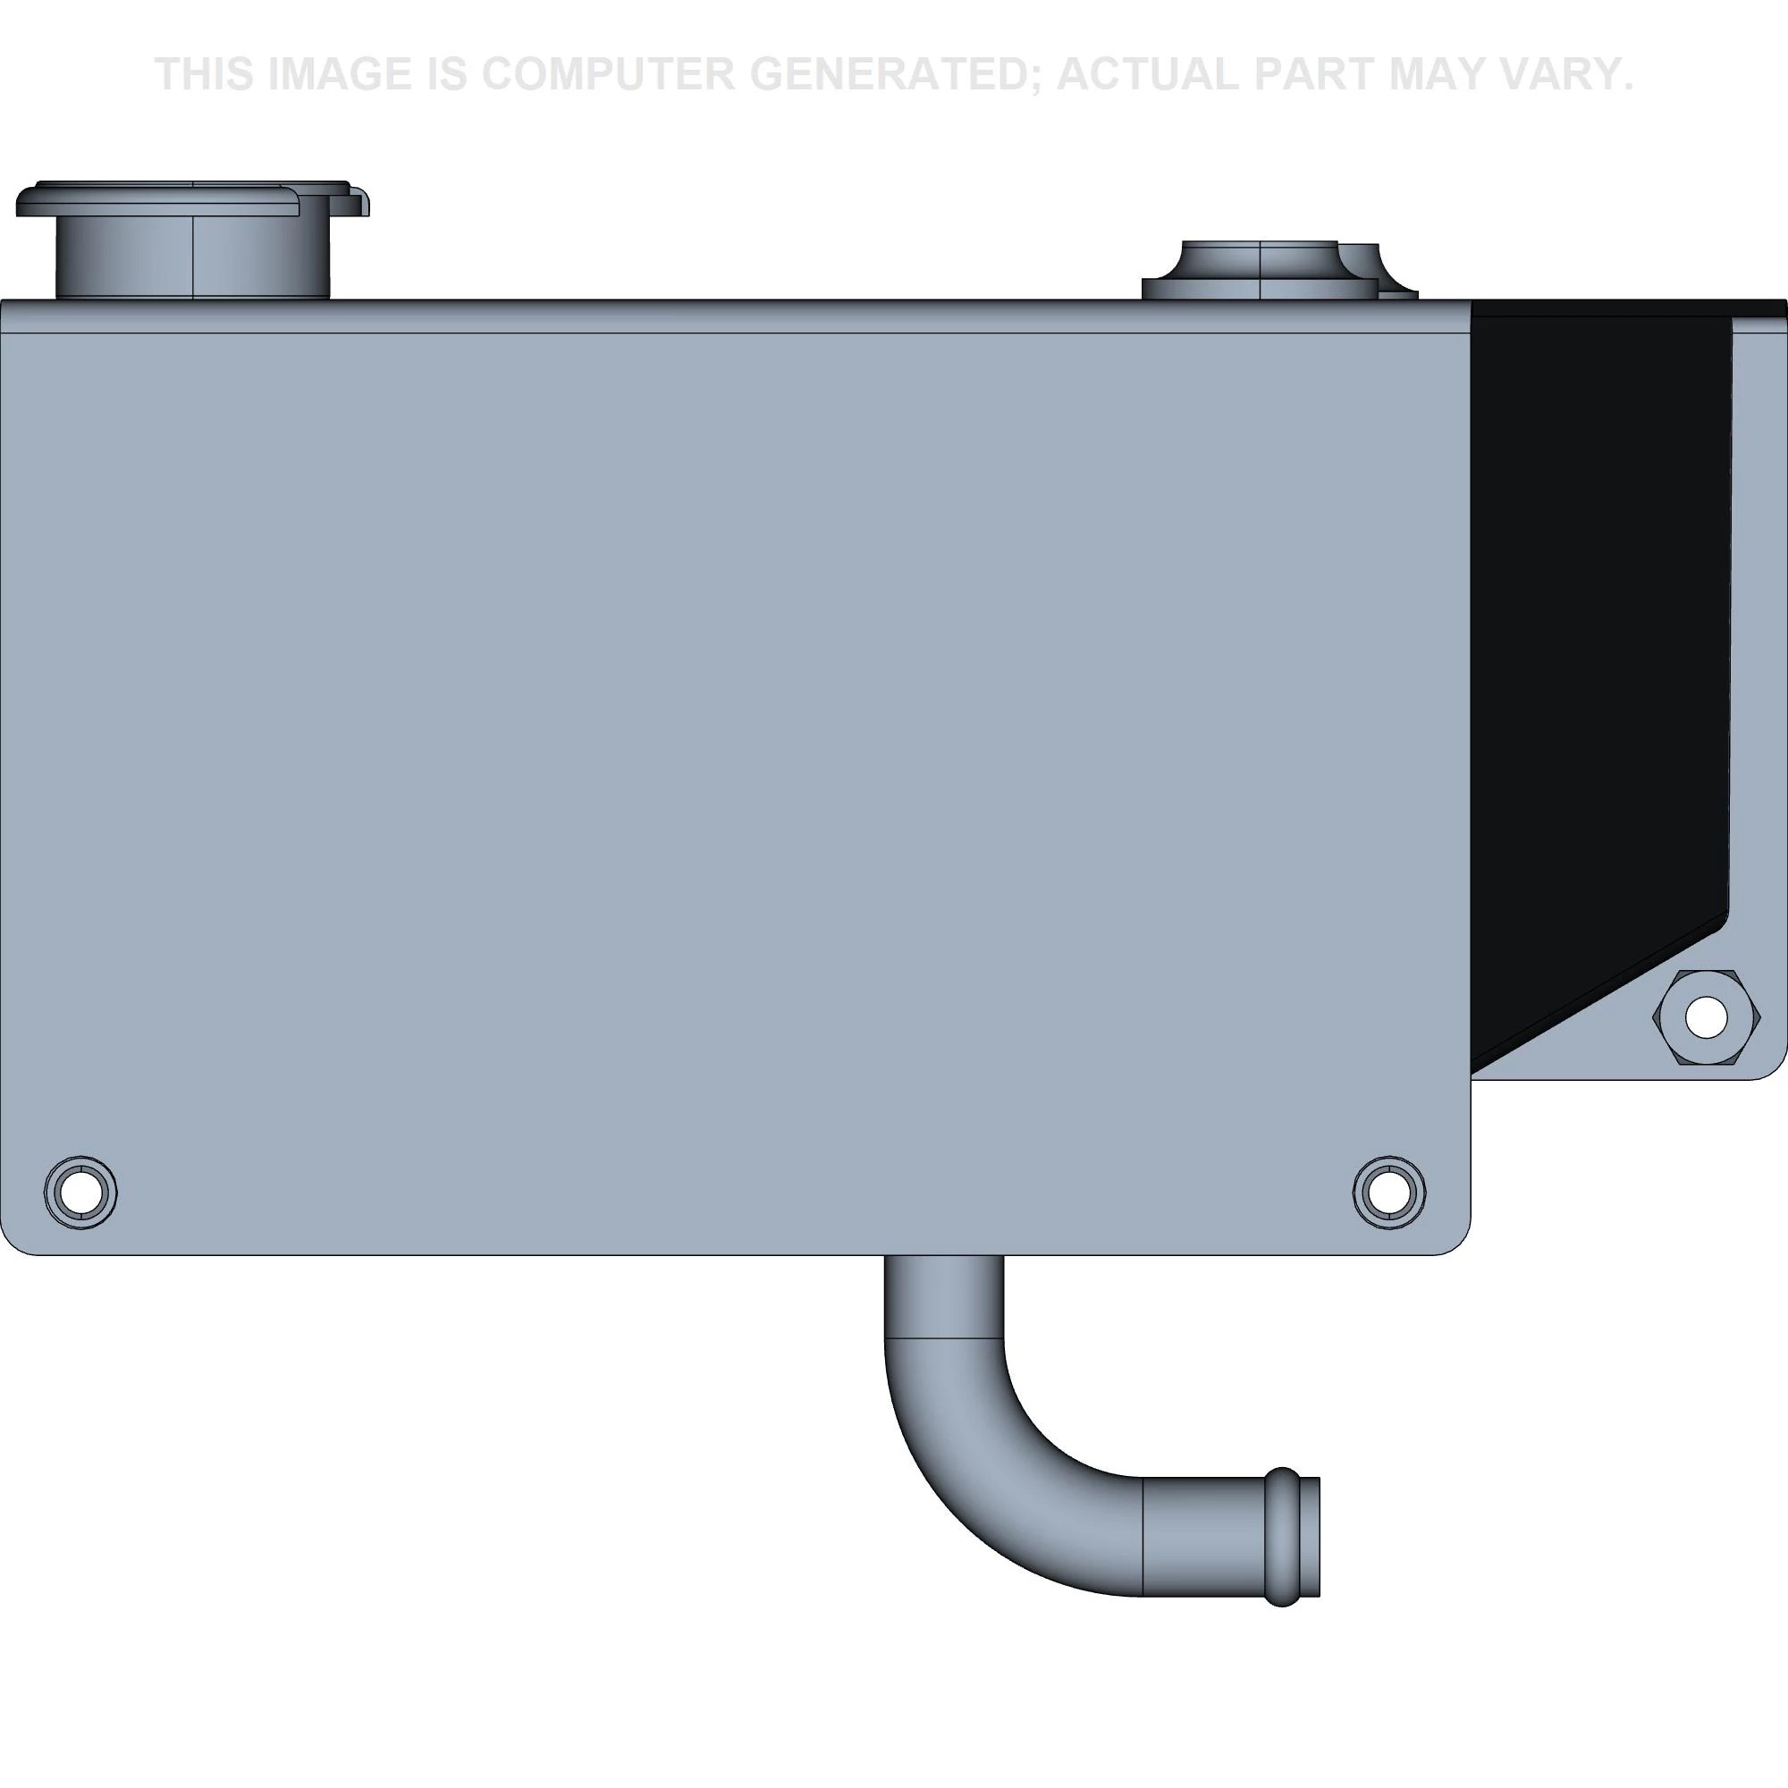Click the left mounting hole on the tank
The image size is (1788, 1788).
point(80,1192)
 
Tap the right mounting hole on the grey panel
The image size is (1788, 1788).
point(1388,1192)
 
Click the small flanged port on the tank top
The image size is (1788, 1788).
point(1279,270)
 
